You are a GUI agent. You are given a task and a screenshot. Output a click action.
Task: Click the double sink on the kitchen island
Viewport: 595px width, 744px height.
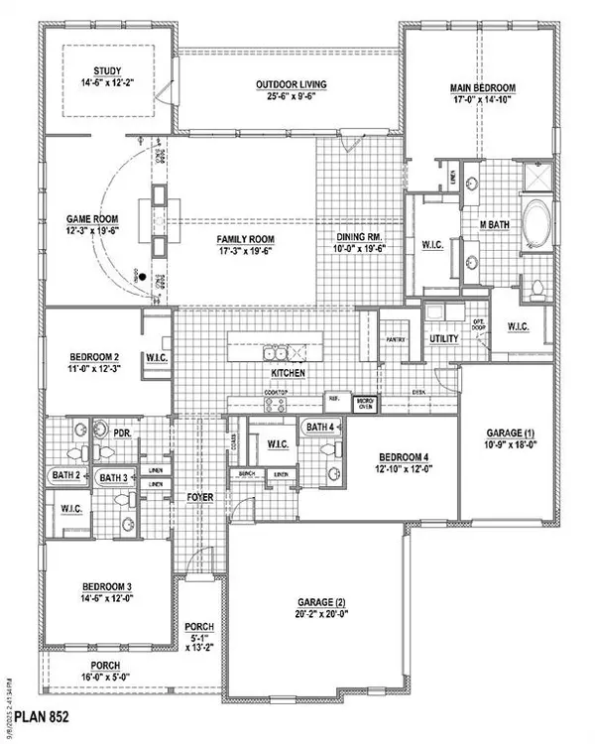click(x=276, y=353)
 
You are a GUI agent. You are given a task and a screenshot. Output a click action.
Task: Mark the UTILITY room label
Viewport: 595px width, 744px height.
click(x=443, y=339)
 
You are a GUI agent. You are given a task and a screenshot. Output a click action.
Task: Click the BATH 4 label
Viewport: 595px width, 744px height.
click(x=320, y=427)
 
